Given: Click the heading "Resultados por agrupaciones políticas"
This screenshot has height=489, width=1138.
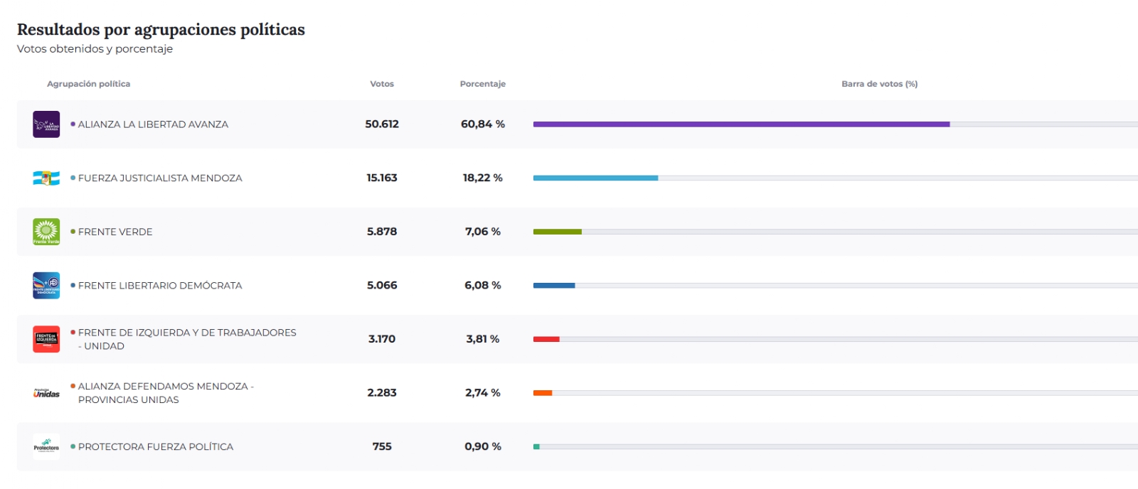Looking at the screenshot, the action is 161,30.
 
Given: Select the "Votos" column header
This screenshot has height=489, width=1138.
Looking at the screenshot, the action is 381,84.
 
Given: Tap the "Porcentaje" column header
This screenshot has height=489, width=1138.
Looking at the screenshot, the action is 483,84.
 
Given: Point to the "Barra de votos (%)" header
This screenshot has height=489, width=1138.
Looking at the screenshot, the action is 879,84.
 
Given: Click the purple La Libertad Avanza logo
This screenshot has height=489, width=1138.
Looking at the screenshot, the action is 46,124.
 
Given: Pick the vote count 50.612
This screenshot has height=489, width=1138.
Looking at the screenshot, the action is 381,124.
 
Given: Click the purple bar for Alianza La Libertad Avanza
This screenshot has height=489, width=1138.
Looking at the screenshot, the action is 741,124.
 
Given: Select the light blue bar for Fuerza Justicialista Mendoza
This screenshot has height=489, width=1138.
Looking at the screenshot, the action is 595,178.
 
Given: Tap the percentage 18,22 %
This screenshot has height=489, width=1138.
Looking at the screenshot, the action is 483,178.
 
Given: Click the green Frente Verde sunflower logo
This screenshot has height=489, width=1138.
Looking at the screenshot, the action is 46,232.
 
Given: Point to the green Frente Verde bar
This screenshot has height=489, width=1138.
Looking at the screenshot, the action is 558,232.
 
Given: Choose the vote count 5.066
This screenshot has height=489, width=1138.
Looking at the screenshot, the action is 381,286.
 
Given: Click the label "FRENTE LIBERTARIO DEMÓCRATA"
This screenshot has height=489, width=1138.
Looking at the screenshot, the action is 160,286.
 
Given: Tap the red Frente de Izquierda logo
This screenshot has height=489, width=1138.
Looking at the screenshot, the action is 46,339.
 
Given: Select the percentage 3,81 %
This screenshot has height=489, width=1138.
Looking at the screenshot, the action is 483,339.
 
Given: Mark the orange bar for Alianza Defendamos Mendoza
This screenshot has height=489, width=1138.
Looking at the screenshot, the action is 543,393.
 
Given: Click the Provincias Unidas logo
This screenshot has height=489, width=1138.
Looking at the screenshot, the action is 46,393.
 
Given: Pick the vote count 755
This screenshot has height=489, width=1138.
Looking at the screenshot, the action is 381,447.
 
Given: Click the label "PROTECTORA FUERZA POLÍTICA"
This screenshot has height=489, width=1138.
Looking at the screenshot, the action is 156,447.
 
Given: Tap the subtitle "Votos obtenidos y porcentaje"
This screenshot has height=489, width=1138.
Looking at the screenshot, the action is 95,49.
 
